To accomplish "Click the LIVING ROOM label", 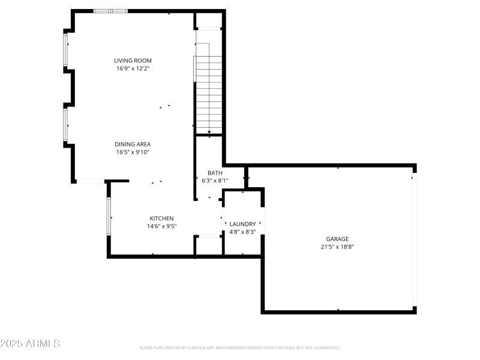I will pos(133,61).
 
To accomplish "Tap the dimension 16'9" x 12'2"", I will pos(133,68).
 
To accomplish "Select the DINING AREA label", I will pos(133,144).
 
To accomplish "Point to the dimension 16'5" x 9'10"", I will pos(133,152).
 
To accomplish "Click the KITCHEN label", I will pos(161,218).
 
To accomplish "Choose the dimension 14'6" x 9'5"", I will pos(161,226).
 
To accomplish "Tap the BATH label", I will pos(215,173).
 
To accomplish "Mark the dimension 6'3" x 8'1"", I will pos(215,180).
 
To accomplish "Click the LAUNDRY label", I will pos(242,224).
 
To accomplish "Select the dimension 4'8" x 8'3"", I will pos(242,232).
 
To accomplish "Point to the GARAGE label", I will pos(337,239).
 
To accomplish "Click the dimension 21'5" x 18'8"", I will pos(337,247).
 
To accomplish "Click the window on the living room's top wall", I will pos(110,11).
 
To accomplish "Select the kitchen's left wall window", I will pos(109,216).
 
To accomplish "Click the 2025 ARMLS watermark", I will pos(30,344).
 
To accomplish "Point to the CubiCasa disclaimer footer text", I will pos(240,347).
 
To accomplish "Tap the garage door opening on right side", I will pos(413,240).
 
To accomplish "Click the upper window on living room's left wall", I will pos(66,50).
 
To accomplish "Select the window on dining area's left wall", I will pos(66,124).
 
